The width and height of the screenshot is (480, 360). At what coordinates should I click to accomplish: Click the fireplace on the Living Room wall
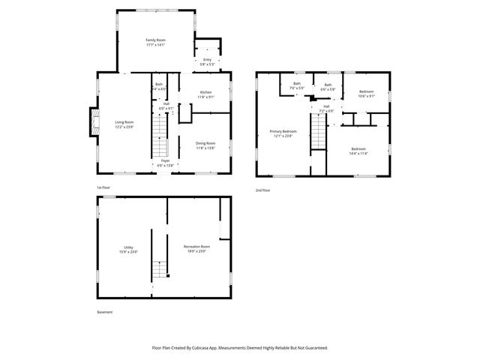point(93,122)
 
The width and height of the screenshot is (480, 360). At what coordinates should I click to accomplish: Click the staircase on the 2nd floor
point(319,135)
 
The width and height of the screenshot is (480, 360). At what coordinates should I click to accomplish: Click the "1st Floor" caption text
point(103,187)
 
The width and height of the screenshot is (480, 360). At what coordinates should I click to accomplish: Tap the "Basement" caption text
point(106,312)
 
